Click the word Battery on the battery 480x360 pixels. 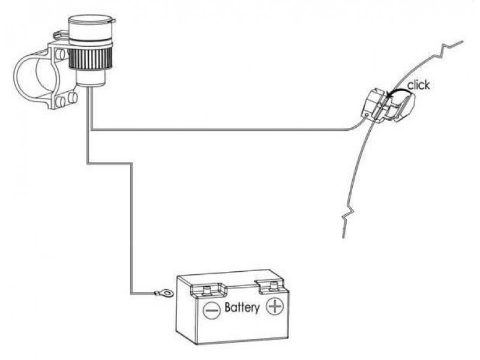[242, 307]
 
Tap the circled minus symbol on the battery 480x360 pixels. [212, 310]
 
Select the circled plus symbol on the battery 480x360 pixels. [275, 306]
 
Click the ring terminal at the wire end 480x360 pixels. [164, 293]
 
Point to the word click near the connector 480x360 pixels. [418, 85]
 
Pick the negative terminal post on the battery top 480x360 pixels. [206, 289]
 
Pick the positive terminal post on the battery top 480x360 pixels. [274, 286]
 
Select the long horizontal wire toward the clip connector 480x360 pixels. [220, 130]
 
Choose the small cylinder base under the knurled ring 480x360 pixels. [91, 78]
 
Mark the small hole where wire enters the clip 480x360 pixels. [367, 115]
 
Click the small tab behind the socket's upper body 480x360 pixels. [61, 34]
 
